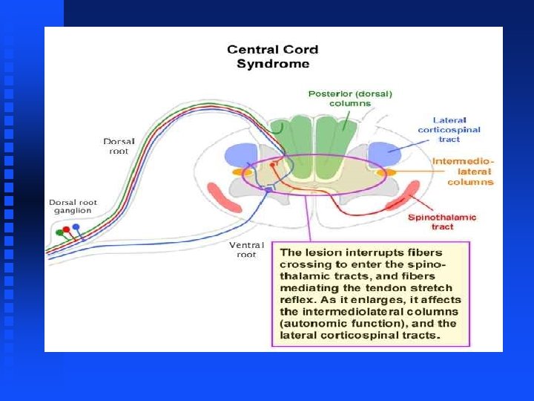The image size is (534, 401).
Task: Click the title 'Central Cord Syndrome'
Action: (x=272, y=56)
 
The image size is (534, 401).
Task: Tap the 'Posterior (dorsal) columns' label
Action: (x=349, y=98)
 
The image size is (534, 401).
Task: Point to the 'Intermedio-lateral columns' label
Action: (x=463, y=172)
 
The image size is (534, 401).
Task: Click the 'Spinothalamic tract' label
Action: (x=442, y=221)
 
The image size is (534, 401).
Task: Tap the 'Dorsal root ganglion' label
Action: (x=72, y=206)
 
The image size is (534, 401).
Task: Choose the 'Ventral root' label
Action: (x=246, y=250)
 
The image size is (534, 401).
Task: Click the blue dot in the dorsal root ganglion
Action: (x=76, y=227)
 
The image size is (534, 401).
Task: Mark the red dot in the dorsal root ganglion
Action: (x=67, y=229)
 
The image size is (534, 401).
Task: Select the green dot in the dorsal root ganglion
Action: (x=59, y=232)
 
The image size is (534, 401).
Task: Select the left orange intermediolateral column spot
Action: (x=238, y=172)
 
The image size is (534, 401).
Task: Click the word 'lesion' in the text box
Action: (x=319, y=252)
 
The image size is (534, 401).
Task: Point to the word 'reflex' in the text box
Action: (x=300, y=300)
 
